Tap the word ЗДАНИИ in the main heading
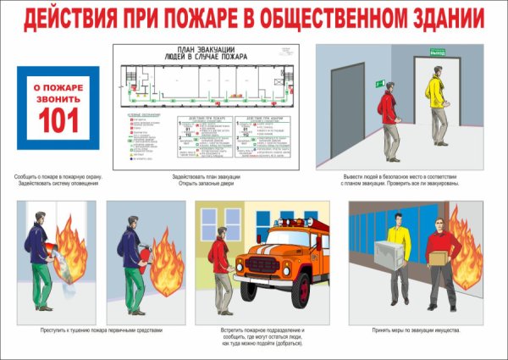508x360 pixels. tap(440, 18)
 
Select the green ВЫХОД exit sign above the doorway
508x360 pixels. tap(439, 53)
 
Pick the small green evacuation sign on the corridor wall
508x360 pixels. tap(380, 83)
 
